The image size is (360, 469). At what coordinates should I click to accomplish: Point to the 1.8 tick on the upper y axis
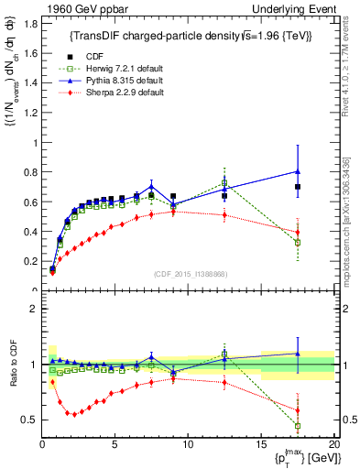[x=30, y=24]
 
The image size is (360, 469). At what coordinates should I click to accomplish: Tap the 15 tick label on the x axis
[x=260, y=446]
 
